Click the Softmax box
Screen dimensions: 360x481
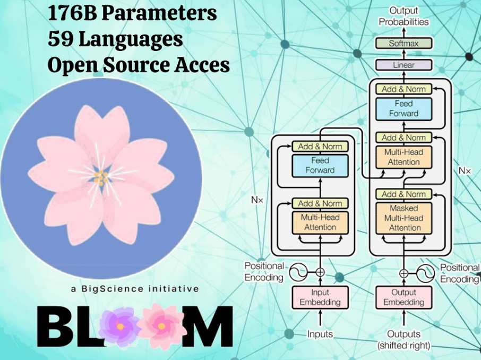403,44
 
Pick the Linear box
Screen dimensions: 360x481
403,65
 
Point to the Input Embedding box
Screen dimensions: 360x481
320,297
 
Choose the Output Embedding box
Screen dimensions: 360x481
403,297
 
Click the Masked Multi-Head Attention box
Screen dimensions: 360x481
403,218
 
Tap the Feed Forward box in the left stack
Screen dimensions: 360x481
320,165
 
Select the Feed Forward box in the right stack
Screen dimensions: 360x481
403,108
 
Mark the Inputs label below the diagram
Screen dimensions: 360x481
320,334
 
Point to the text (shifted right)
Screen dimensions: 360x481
403,346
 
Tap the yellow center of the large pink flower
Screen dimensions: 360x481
101,177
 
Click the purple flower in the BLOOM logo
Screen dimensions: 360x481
120,324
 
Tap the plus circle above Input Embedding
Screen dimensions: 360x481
320,272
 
